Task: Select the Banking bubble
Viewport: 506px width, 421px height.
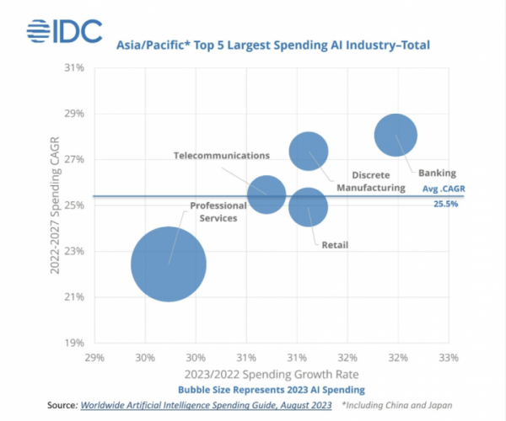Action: (396, 135)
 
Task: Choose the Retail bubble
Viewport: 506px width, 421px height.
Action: (308, 206)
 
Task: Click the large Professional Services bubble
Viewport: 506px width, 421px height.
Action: (169, 264)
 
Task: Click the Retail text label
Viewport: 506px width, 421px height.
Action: (335, 245)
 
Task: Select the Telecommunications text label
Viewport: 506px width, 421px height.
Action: (221, 156)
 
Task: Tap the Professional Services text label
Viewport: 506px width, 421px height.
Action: (213, 211)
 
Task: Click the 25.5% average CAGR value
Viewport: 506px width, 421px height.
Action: (446, 204)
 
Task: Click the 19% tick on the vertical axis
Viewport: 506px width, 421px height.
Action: (73, 343)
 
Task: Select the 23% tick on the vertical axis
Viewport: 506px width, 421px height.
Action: (73, 251)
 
